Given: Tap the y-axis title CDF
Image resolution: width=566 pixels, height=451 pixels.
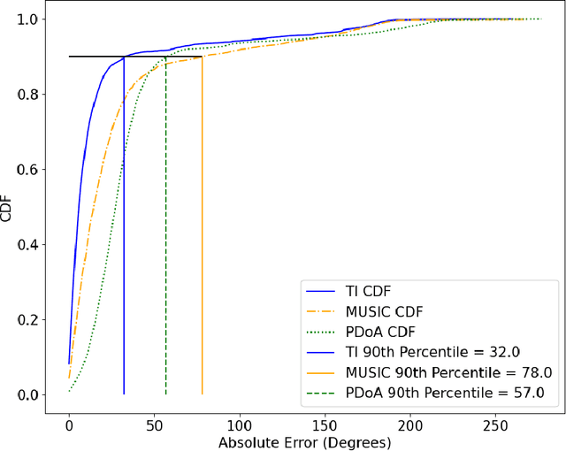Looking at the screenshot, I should (x=9, y=207).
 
